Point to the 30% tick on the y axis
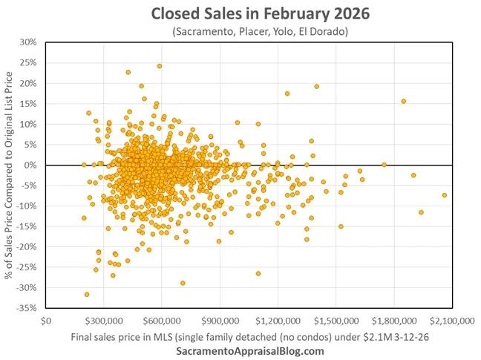[27, 42]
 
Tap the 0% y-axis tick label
[30, 165]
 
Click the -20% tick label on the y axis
[25, 246]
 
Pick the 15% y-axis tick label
[27, 103]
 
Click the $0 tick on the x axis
[46, 321]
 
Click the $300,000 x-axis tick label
[105, 321]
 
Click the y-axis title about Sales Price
[9, 174]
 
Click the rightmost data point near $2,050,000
[444, 195]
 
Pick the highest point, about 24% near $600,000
[160, 66]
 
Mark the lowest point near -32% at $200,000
[87, 295]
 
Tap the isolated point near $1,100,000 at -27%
[258, 273]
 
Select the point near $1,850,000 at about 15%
[404, 101]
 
